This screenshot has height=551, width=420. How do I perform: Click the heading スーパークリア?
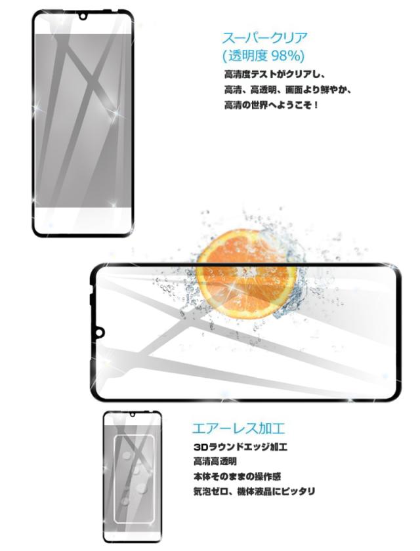264,38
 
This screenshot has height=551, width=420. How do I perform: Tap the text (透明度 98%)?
263,56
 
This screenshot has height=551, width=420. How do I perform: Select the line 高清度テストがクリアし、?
274,75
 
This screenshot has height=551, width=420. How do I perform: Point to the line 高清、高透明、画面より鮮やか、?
288,90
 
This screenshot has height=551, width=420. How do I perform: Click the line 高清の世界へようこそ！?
271,105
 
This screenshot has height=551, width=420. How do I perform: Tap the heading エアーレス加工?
238,428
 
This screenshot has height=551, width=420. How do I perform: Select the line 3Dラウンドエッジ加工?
240,447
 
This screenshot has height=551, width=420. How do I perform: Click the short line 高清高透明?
215,461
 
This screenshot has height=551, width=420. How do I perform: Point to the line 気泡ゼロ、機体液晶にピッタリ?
254,491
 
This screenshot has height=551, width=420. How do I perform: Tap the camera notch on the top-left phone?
83,16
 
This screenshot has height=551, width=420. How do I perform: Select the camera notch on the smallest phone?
133,414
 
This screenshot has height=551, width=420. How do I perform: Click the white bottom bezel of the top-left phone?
83,220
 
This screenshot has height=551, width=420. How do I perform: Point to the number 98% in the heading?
288,56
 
